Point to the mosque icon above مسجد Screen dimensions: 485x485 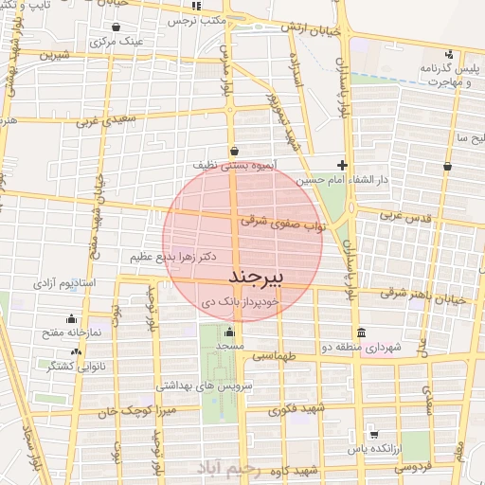point(228,332)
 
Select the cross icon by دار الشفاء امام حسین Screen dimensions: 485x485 point(342,165)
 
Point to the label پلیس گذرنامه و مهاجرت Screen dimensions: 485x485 point(439,74)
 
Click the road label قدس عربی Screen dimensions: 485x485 point(405,215)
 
